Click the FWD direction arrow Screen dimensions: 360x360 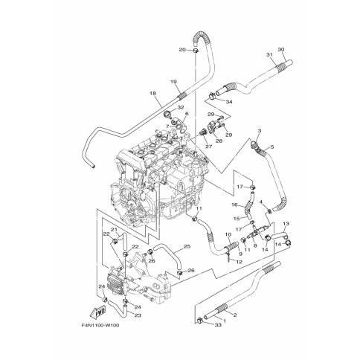click(x=97, y=312)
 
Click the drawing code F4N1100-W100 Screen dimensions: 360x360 click(x=100, y=325)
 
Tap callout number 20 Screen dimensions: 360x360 click(x=182, y=50)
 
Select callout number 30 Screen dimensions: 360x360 click(x=280, y=49)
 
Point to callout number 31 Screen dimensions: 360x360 click(x=269, y=54)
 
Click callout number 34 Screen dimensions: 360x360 click(x=229, y=102)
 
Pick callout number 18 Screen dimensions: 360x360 click(x=153, y=94)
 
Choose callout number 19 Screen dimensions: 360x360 click(x=173, y=81)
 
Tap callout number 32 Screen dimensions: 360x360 click(x=181, y=107)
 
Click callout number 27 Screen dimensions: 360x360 click(x=209, y=147)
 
